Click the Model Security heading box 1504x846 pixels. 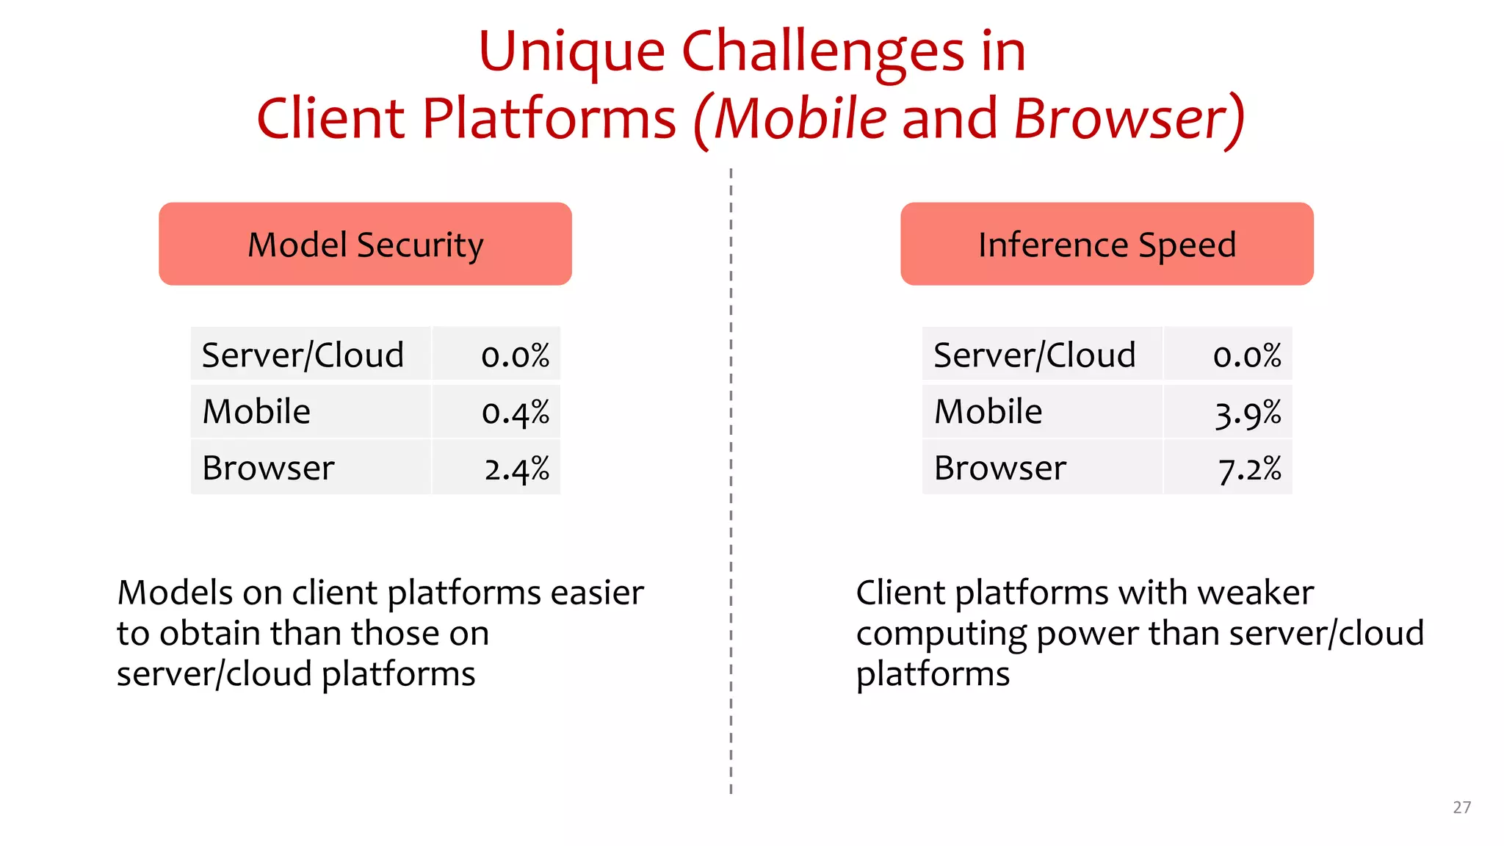365,244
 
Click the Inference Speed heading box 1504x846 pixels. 1107,244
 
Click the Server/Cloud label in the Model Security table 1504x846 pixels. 303,355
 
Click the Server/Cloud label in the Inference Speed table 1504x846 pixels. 1034,355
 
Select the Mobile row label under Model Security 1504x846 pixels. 256,411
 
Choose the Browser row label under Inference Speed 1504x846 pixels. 999,468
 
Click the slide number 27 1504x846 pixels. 1461,807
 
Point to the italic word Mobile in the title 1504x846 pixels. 800,118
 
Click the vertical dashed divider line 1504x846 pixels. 731,514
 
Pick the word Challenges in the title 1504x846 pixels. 822,53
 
